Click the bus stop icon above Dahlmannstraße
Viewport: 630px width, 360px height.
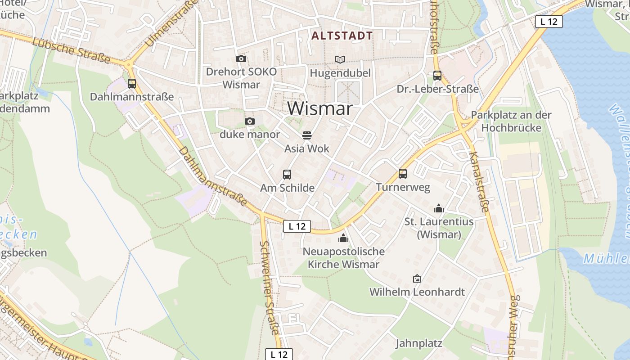coord(132,83)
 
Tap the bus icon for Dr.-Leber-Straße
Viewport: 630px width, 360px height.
coord(437,76)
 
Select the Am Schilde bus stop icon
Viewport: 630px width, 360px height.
coord(287,175)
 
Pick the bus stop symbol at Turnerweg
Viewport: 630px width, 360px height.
coord(403,173)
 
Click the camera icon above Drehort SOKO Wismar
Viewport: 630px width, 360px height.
coord(241,59)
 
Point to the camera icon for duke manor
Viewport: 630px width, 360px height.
coord(250,121)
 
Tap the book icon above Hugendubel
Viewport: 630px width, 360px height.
coord(340,59)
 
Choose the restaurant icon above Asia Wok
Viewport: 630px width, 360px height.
coord(307,135)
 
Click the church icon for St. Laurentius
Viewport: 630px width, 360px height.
coord(439,208)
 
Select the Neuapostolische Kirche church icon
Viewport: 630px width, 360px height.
coord(343,238)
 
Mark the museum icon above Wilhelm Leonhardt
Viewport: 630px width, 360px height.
coord(417,279)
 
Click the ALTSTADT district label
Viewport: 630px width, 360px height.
coord(342,36)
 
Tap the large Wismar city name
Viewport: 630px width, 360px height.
coord(319,108)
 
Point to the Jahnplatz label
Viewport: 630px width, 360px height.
coord(419,343)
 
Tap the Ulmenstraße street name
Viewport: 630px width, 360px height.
coord(172,23)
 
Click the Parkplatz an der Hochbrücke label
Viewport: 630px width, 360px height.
coord(511,121)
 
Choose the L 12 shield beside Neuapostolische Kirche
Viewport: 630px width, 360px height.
coord(297,226)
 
